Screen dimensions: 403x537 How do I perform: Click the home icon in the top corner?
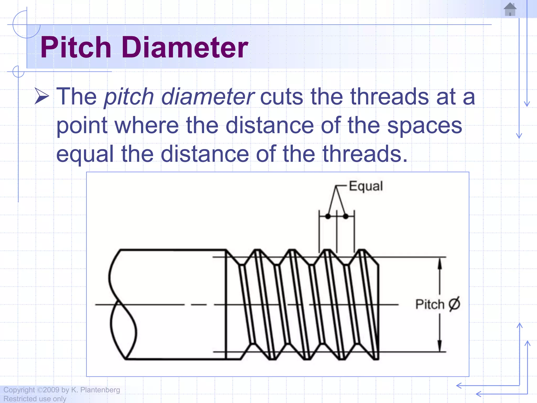click(x=510, y=9)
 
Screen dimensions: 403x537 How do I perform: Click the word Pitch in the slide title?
click(x=76, y=47)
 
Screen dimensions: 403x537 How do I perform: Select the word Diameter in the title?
click(x=185, y=47)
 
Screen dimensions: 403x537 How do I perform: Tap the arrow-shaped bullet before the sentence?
click(x=42, y=96)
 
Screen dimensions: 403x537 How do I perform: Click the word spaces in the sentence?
click(x=425, y=126)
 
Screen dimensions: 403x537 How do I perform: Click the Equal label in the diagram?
click(x=366, y=186)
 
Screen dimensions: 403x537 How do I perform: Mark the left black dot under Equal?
click(x=328, y=216)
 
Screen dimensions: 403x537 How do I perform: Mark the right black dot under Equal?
click(x=346, y=216)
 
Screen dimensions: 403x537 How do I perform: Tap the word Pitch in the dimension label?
click(x=430, y=304)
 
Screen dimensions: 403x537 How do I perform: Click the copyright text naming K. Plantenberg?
click(x=62, y=390)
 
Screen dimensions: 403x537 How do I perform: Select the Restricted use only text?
click(x=35, y=399)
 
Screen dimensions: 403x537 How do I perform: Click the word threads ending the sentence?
click(x=364, y=154)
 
